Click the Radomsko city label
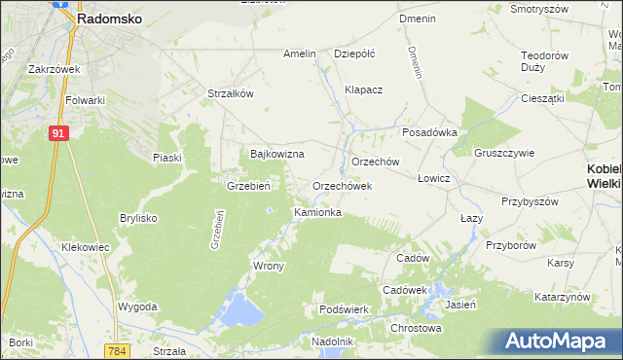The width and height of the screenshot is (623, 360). point(111,18)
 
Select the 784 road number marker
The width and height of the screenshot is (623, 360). point(119,350)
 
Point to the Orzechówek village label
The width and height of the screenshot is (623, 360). point(343,186)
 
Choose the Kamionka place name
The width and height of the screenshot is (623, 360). point(317,212)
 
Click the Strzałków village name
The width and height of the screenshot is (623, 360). point(231,93)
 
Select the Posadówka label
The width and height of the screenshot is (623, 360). point(429,133)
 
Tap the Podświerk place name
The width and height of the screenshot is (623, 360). point(343,309)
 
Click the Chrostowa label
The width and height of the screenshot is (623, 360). point(416,328)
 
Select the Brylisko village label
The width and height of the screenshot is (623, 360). point(138,218)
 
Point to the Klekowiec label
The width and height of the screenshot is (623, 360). point(85,247)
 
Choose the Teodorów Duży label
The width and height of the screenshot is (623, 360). point(545,62)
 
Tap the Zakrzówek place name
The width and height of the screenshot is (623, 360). point(54,69)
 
